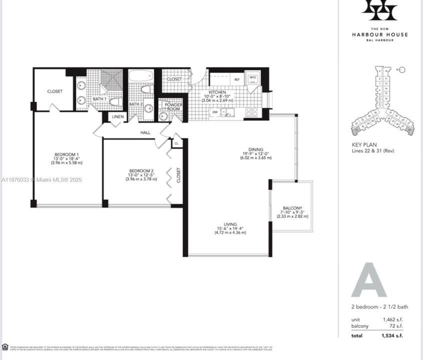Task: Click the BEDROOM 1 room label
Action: point(66,154)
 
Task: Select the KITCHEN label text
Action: point(217,92)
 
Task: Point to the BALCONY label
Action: point(292,208)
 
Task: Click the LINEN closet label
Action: point(118,116)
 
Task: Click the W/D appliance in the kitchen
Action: point(252,78)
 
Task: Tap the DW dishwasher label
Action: point(214,112)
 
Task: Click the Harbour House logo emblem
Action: point(379,10)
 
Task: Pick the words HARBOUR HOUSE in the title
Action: point(379,34)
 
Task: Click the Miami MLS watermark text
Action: point(42,179)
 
